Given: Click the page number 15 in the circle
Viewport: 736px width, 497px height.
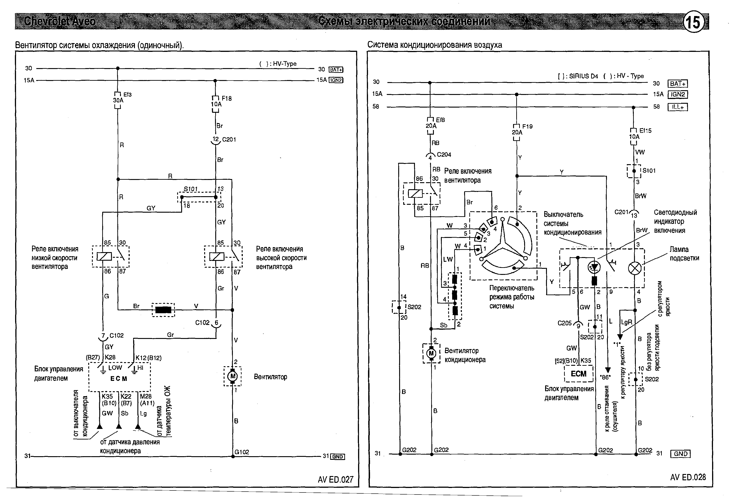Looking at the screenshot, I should (694, 22).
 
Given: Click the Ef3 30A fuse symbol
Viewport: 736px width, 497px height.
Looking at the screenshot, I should (118, 100).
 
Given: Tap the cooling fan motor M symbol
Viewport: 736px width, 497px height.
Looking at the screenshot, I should (233, 376).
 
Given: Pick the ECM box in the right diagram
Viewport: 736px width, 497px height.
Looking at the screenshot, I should (578, 374).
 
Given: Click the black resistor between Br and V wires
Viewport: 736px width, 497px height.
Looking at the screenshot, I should (163, 309).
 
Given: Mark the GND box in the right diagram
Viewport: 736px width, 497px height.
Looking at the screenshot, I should (680, 454).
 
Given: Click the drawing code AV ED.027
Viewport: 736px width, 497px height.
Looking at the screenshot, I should (335, 480).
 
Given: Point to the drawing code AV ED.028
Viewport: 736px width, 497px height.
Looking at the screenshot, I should (688, 477).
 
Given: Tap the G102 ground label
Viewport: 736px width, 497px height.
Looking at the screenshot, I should (242, 452).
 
